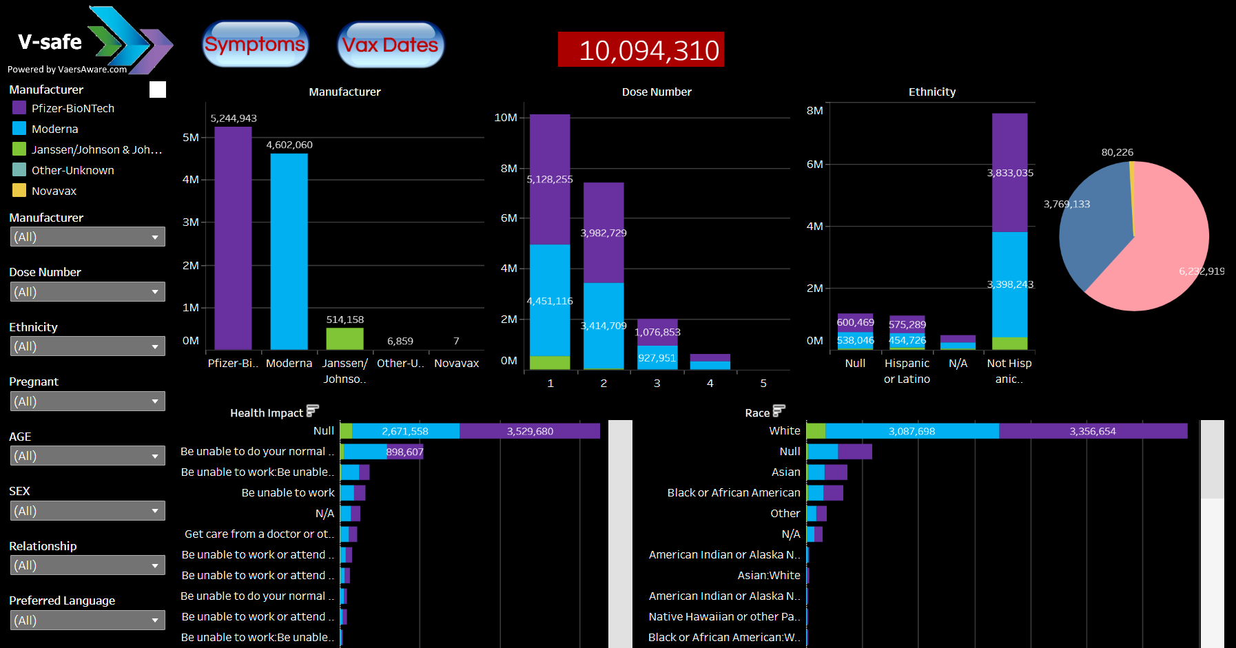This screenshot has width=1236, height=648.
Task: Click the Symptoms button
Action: point(255,45)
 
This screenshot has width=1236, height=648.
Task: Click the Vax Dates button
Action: point(391,45)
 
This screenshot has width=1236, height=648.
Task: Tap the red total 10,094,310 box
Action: point(641,50)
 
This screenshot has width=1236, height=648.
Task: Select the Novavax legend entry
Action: point(54,191)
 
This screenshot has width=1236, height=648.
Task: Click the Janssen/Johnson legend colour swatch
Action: point(19,149)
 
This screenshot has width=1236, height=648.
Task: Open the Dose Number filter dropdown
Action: point(87,291)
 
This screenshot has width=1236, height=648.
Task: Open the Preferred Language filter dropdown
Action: point(87,620)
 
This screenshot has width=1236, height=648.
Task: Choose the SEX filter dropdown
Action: point(87,510)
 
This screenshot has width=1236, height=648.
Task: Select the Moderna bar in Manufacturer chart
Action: point(289,251)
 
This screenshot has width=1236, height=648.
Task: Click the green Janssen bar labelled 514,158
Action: point(344,338)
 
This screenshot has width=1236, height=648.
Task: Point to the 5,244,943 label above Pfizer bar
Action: point(234,118)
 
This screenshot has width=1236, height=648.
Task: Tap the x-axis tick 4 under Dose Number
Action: point(710,383)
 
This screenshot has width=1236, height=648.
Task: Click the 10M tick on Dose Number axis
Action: point(506,118)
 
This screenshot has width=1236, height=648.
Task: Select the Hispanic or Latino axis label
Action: point(907,370)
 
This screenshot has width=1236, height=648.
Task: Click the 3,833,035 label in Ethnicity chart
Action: point(1010,173)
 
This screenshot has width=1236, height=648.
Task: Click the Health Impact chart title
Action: point(267,412)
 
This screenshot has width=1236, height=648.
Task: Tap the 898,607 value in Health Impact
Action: point(404,452)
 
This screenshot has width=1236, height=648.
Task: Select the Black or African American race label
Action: point(734,492)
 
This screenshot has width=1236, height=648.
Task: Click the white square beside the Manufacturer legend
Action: point(158,90)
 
